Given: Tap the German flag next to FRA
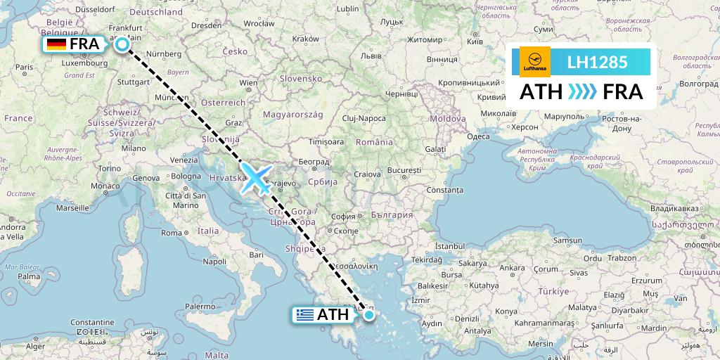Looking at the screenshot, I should [x=56, y=45].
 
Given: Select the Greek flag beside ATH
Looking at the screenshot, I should [x=304, y=314].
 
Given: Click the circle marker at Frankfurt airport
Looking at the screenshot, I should [x=122, y=45].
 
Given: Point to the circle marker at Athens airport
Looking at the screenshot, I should [x=368, y=314].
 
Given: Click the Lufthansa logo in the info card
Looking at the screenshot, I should [x=534, y=62].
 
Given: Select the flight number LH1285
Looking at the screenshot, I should [x=597, y=62].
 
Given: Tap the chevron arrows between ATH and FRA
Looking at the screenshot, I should [x=582, y=92].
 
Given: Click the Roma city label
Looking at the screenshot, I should [x=172, y=233].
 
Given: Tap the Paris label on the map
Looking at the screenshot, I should [x=25, y=67].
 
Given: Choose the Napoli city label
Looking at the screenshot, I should [x=214, y=261].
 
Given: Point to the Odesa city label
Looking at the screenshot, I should [x=478, y=136].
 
